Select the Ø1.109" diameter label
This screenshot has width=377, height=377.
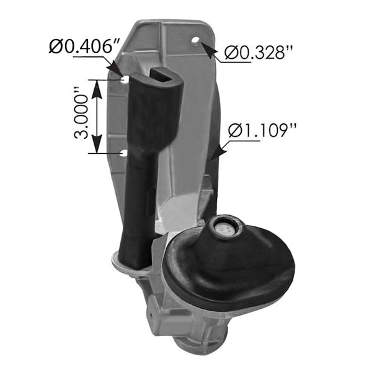click(x=263, y=131)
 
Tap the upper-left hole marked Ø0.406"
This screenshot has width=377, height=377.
click(x=125, y=79)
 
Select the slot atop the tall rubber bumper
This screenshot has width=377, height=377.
click(x=162, y=75)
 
